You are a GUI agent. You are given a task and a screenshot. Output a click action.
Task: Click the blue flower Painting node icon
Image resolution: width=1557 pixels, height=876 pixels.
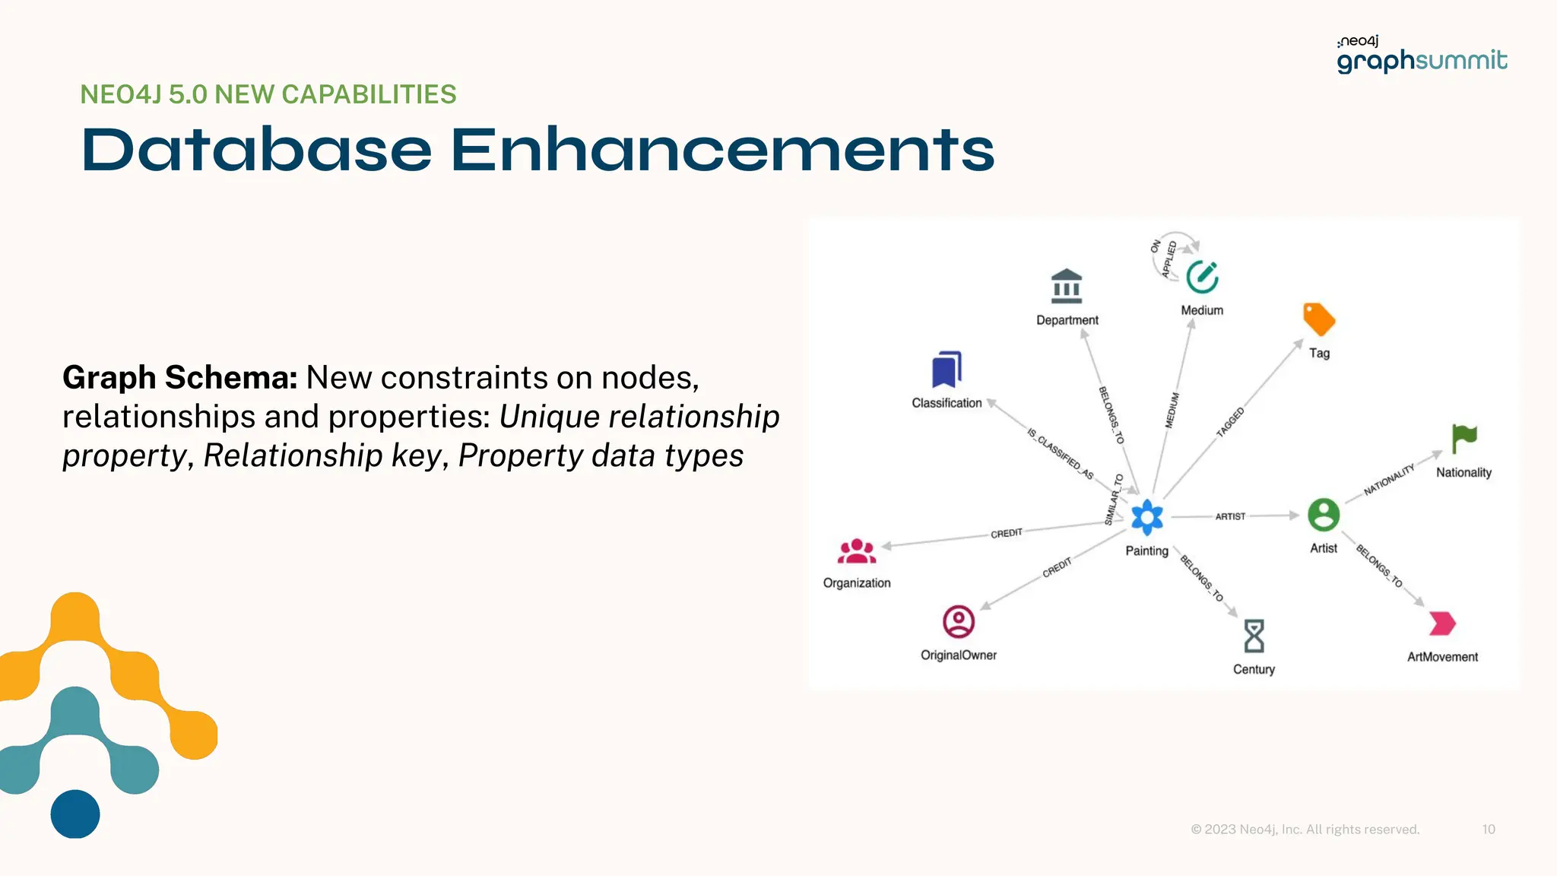click(x=1146, y=518)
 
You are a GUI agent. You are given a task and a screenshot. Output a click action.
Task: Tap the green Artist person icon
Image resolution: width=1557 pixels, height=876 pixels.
click(x=1324, y=515)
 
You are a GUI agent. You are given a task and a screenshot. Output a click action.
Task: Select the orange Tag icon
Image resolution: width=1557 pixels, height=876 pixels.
click(x=1319, y=319)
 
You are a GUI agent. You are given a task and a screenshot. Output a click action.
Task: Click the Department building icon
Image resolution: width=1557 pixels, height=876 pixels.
click(x=1067, y=286)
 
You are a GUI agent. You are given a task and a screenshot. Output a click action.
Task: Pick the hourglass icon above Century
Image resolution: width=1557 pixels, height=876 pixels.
click(x=1254, y=636)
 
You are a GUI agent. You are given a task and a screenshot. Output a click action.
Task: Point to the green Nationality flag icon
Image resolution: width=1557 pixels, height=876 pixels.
click(x=1463, y=439)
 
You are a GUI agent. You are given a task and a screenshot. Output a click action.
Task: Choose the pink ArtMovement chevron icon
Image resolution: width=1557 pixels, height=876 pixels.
click(x=1442, y=624)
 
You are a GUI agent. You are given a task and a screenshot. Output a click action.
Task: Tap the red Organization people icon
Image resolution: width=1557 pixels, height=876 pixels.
click(x=857, y=551)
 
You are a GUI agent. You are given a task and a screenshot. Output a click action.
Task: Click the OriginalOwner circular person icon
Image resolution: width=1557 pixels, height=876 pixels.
click(x=959, y=621)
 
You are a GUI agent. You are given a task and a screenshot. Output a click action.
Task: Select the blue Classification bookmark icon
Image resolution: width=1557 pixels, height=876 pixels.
click(x=947, y=370)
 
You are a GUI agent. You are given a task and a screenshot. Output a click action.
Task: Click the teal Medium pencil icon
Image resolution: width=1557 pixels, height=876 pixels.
click(x=1202, y=277)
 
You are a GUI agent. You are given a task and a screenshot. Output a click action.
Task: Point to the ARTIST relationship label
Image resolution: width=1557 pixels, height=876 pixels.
click(x=1230, y=516)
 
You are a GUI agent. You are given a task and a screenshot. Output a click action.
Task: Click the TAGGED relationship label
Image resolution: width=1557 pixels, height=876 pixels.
click(x=1230, y=423)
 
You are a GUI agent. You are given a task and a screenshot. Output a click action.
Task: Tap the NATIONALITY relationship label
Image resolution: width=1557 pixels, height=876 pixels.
click(x=1389, y=480)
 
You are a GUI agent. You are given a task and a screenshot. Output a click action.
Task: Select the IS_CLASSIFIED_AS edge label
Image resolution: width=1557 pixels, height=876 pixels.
click(x=1060, y=454)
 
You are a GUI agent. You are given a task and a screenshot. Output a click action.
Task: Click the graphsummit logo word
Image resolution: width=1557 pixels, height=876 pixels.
click(x=1422, y=60)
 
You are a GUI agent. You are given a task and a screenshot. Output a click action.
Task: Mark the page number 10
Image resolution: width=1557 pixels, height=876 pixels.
click(x=1489, y=829)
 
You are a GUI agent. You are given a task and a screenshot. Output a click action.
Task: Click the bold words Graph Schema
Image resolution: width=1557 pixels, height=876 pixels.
click(x=179, y=378)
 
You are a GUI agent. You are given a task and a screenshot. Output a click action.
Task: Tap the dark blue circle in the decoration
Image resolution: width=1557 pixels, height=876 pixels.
click(x=75, y=814)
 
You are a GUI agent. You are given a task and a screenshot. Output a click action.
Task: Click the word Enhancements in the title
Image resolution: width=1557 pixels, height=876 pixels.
click(x=722, y=150)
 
